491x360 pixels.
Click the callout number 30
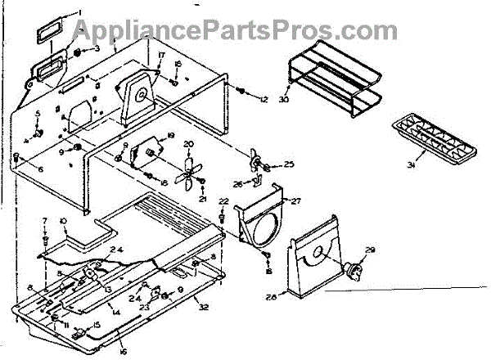click(x=284, y=101)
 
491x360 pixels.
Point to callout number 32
click(x=202, y=309)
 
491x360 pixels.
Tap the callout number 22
click(x=223, y=201)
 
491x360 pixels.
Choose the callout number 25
click(x=289, y=164)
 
